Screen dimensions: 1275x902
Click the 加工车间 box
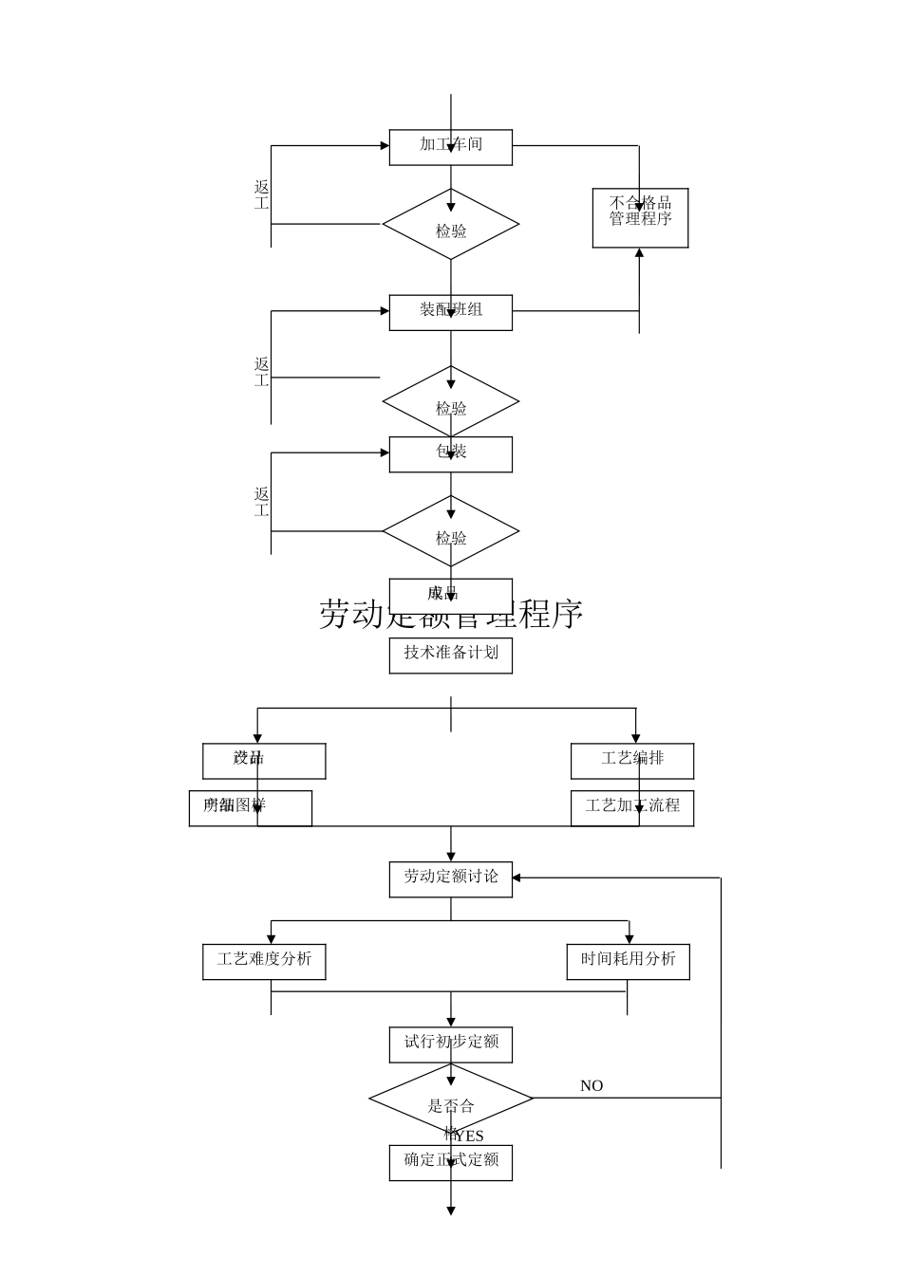click(x=450, y=147)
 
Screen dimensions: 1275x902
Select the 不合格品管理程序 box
click(x=640, y=218)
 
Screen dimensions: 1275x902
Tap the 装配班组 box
click(x=450, y=312)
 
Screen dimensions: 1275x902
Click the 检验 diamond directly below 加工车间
click(x=450, y=225)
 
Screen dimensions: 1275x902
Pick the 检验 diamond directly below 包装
click(x=450, y=531)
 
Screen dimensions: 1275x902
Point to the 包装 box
click(x=450, y=454)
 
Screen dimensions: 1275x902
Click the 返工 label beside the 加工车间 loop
click(x=262, y=195)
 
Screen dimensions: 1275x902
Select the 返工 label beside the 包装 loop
click(x=262, y=503)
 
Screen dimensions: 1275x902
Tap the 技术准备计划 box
click(x=450, y=656)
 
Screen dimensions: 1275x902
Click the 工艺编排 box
click(x=631, y=761)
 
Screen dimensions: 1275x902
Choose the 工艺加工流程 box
click(x=631, y=808)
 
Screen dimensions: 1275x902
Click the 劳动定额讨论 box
click(x=450, y=879)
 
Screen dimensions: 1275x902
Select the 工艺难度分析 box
click(x=264, y=962)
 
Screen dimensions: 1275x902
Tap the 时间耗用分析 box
click(x=628, y=962)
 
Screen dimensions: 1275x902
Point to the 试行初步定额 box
click(x=450, y=1044)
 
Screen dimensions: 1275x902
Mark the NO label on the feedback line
click(x=592, y=1086)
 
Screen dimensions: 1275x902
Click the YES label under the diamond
click(x=469, y=1136)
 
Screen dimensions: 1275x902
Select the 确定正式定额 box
click(x=450, y=1163)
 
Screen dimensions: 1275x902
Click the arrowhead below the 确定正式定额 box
click(x=451, y=1210)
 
